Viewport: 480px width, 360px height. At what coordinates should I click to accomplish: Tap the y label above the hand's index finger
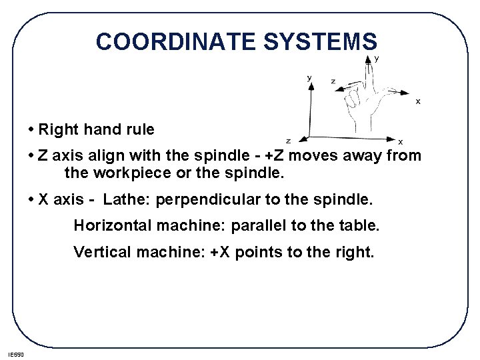click(377, 59)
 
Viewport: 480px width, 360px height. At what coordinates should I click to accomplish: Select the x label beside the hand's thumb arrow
click(418, 101)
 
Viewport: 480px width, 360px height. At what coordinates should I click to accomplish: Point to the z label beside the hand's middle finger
click(333, 81)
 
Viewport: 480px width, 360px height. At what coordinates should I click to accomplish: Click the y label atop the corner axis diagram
click(309, 77)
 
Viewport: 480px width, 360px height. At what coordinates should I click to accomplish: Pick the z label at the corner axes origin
click(288, 141)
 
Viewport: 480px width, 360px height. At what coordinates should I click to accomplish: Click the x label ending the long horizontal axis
click(400, 141)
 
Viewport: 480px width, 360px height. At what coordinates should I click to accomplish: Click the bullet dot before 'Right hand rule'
click(32, 128)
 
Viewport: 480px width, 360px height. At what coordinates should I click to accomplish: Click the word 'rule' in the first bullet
click(139, 129)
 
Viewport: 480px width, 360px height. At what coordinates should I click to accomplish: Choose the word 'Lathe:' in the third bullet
click(127, 199)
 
